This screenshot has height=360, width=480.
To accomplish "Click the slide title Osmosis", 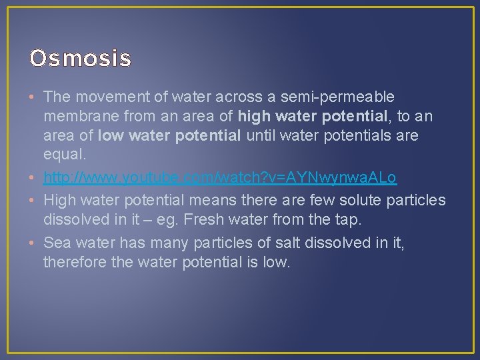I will pos(80,59).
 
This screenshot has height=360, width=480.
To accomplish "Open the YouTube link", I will pos(220,178).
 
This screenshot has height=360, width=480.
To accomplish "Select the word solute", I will pos(359,199).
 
